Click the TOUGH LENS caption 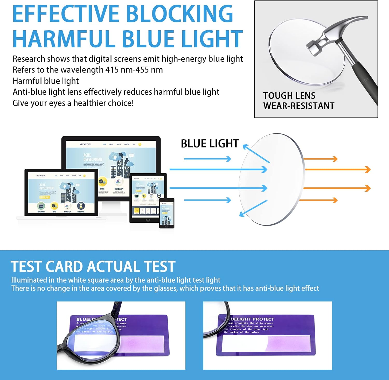(x=289, y=96)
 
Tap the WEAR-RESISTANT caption (x=299, y=106)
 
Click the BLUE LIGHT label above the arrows (x=210, y=144)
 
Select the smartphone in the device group (x=166, y=213)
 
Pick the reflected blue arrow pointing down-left (x=253, y=208)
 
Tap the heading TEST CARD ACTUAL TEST (x=93, y=267)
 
